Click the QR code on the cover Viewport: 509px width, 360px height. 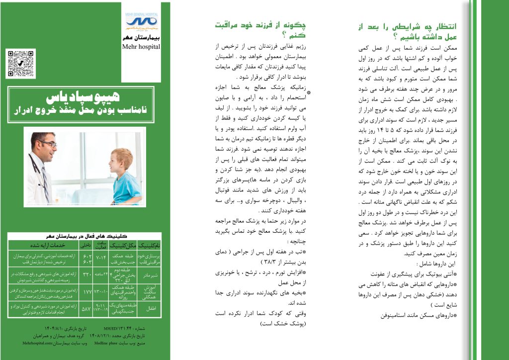click(18, 63)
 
